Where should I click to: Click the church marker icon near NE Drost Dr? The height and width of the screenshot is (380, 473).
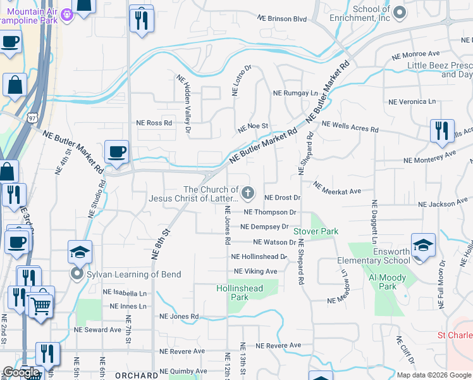click(x=249, y=193)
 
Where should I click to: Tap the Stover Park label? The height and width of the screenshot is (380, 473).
click(x=316, y=232)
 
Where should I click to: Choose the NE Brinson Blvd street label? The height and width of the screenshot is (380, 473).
click(x=283, y=20)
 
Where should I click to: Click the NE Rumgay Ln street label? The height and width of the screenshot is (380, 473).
click(x=295, y=93)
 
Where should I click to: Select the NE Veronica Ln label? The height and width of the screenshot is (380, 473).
click(x=412, y=101)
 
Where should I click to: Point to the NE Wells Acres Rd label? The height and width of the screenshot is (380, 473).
click(x=350, y=127)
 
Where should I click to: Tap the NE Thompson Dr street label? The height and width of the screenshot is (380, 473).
click(x=269, y=212)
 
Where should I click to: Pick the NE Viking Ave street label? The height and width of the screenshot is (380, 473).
click(x=255, y=271)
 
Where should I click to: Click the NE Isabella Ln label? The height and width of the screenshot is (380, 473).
click(x=125, y=293)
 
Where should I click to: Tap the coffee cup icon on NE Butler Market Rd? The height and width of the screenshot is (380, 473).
click(x=116, y=153)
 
